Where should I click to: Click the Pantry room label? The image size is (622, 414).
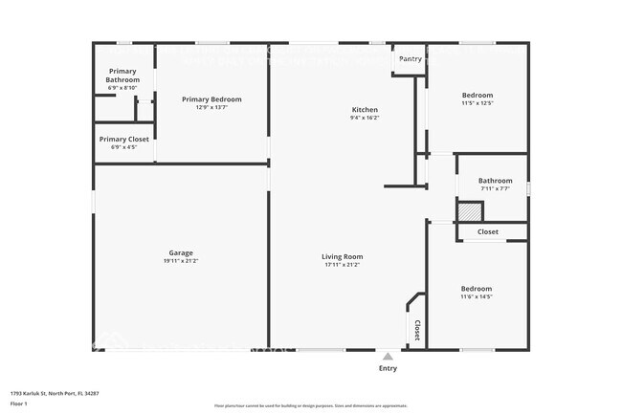pos(410,59)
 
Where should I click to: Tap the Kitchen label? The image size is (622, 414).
pos(365,110)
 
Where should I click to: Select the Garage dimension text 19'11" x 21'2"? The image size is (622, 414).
pos(180,261)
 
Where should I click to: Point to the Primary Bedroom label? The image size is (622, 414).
pos(211,99)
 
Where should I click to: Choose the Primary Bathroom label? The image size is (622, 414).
pos(122,76)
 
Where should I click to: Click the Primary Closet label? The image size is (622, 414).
pos(123,140)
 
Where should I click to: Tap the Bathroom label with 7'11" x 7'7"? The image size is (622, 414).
pos(495,181)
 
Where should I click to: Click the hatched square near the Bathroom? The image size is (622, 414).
pos(469,212)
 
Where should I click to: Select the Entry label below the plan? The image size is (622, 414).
pos(388,368)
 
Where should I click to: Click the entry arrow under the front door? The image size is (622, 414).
pos(388,355)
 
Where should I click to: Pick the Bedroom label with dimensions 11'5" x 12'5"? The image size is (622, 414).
pos(477,96)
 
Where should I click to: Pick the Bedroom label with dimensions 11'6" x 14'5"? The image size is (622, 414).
pos(476,289)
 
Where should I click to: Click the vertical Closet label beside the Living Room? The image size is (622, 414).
pos(416,330)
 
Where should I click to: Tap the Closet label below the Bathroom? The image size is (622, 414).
pos(488,231)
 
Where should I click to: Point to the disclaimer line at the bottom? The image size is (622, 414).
pos(310,405)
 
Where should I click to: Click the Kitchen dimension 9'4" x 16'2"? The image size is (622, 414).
pos(365,119)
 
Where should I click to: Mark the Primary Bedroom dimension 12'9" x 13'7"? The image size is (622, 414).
pos(211,107)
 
